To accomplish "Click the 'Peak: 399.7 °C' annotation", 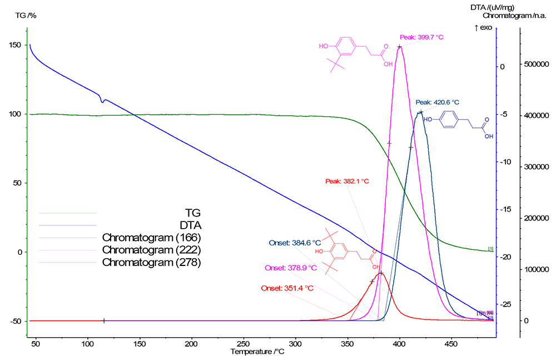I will pyautogui.click(x=421, y=37).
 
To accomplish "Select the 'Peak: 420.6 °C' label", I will pyautogui.click(x=438, y=102).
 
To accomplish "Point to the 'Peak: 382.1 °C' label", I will pyautogui.click(x=347, y=181).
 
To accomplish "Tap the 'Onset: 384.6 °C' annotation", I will pyautogui.click(x=295, y=243).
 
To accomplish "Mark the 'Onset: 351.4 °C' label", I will pyautogui.click(x=287, y=288).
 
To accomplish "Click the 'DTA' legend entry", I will pyautogui.click(x=191, y=225).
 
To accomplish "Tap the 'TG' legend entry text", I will pyautogui.click(x=192, y=213).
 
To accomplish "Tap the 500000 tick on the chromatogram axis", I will pyautogui.click(x=534, y=65).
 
